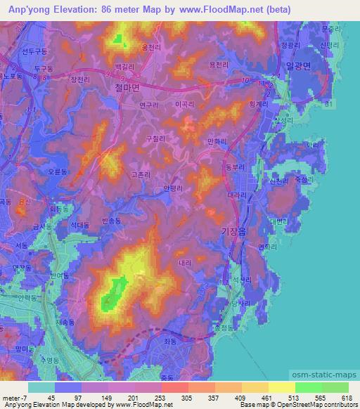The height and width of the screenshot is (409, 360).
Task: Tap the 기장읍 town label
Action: [x=231, y=232]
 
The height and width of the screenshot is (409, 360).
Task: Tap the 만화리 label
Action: [x=216, y=141]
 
